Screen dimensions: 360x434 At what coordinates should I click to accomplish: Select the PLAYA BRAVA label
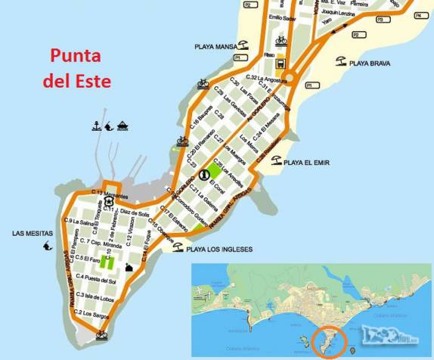tap(370, 64)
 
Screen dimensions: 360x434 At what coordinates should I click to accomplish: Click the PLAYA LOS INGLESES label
tap(219, 249)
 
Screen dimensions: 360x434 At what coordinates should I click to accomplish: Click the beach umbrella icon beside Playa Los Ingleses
tap(177, 247)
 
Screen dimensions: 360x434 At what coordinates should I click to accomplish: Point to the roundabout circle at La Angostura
tap(289, 75)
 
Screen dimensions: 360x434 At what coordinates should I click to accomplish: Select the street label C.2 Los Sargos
tap(88, 312)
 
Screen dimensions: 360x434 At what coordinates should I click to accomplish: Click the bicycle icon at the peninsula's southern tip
tap(101, 336)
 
